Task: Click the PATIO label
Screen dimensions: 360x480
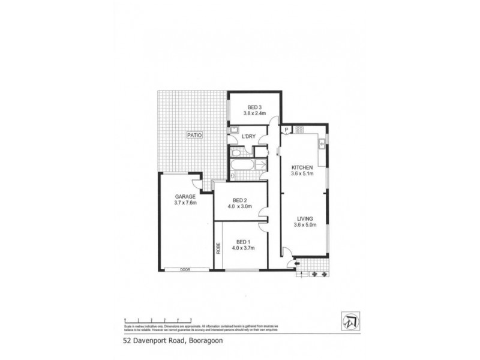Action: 194,136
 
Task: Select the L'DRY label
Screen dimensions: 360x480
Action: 249,136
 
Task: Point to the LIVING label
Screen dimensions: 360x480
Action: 304,218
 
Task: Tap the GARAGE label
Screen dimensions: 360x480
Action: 185,196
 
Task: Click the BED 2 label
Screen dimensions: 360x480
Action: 239,200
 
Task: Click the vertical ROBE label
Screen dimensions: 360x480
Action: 218,248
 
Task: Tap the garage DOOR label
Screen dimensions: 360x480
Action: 185,270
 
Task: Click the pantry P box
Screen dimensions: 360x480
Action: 287,130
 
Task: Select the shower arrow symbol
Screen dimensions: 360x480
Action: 261,164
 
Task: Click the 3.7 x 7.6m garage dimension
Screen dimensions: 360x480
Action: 185,203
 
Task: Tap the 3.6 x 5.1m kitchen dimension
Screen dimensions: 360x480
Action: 303,173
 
